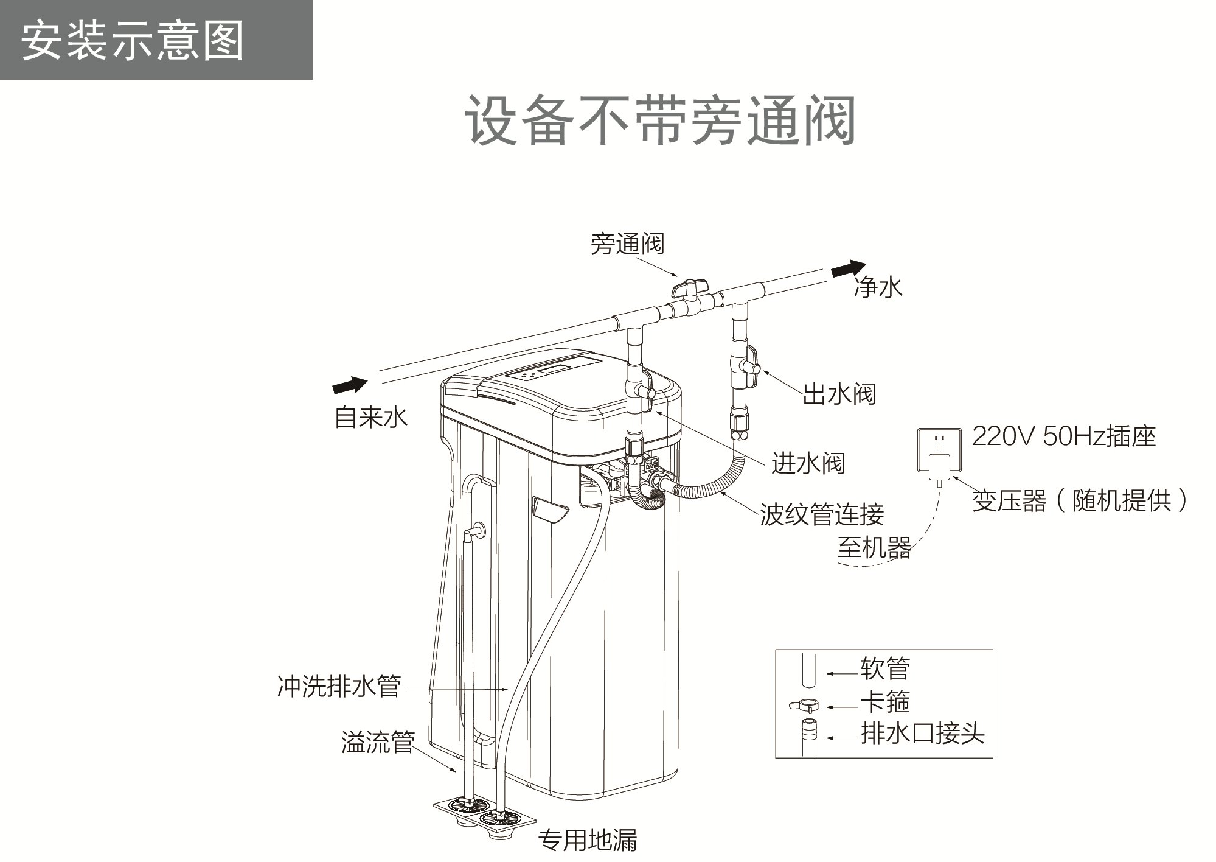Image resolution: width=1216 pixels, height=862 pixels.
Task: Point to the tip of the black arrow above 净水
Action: (x=866, y=263)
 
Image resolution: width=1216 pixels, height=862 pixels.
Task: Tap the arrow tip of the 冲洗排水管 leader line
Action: (x=509, y=689)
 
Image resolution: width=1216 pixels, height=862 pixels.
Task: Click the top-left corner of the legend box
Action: (x=776, y=650)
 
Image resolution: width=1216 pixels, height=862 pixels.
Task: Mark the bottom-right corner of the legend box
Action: (x=993, y=758)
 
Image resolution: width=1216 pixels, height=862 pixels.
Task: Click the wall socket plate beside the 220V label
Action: (x=939, y=449)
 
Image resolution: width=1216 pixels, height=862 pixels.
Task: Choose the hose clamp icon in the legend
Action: (x=802, y=706)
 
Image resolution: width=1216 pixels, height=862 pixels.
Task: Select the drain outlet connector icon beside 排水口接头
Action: (x=808, y=737)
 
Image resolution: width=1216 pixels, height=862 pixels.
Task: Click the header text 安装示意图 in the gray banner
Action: (x=133, y=40)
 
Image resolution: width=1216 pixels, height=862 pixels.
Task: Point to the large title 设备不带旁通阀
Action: (x=661, y=121)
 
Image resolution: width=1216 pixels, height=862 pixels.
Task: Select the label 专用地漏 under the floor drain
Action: (x=588, y=841)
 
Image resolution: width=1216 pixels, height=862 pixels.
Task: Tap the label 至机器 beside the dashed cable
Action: (x=875, y=547)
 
